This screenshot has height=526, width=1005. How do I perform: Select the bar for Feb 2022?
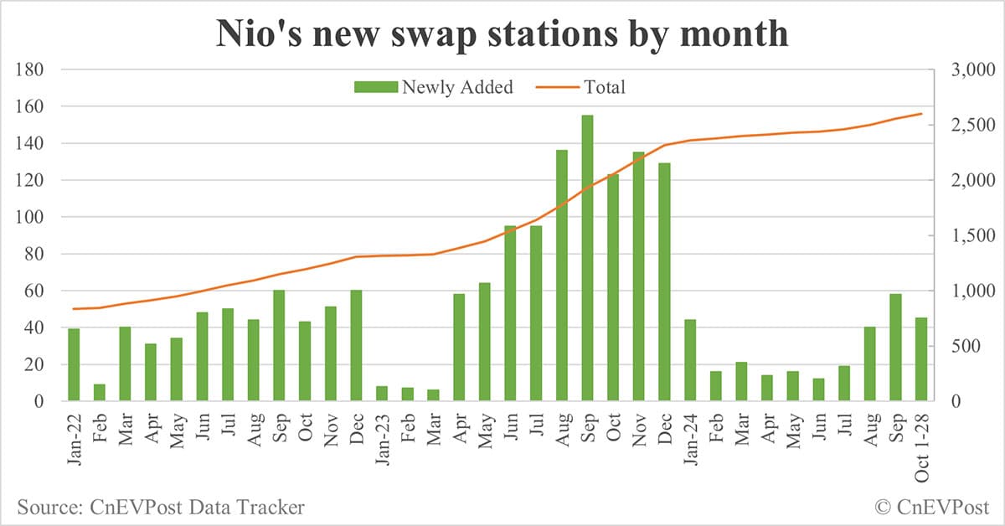click(99, 393)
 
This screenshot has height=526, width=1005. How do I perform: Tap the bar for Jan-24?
click(690, 360)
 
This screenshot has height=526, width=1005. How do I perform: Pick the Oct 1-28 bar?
click(920, 359)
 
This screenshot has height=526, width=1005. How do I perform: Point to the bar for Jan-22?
click(74, 365)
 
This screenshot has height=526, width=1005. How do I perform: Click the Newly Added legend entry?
click(434, 87)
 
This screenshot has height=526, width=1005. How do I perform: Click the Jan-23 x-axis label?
click(382, 432)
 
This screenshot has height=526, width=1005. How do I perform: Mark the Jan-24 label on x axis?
click(690, 432)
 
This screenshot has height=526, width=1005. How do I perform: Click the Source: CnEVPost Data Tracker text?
click(160, 506)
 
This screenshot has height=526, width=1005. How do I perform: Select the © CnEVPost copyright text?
click(931, 506)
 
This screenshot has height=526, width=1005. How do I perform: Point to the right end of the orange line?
click(920, 114)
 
